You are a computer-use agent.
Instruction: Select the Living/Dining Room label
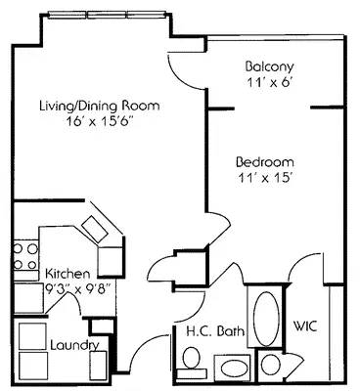tap(99, 106)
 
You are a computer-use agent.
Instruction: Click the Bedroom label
tap(265, 163)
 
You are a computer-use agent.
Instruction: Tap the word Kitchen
tap(68, 274)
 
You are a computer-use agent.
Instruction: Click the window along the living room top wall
tap(107, 15)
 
